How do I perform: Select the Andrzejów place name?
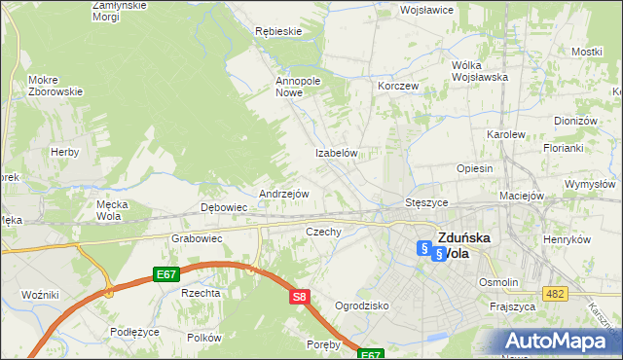pos(283,194)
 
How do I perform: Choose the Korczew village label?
pos(398,86)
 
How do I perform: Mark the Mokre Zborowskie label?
pos(55,86)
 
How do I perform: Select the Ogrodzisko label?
pos(361,306)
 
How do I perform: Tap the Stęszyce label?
pos(425,202)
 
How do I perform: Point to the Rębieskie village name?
pos(278,31)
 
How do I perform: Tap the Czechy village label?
pos(323,232)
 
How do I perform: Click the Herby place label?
pos(65,152)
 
